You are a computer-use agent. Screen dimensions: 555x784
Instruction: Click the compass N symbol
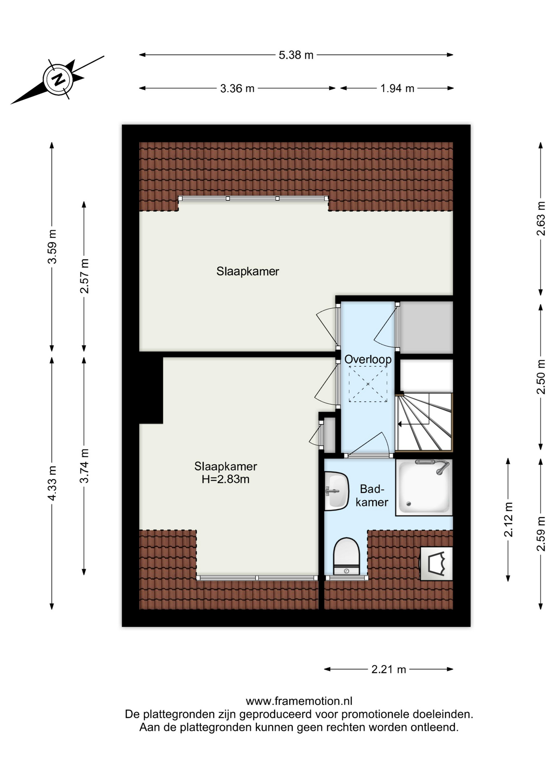tap(58, 79)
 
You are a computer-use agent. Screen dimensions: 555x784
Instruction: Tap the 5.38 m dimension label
tap(296, 55)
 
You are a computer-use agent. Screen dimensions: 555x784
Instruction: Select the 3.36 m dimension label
tap(237, 88)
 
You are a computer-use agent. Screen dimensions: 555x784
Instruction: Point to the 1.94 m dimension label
tap(397, 88)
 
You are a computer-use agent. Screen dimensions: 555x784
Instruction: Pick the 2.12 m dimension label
tap(508, 519)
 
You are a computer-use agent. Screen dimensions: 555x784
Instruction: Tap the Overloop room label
tap(368, 359)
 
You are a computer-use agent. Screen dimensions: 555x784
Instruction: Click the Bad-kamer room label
tap(372, 495)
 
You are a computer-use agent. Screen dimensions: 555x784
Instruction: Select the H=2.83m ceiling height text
tap(226, 479)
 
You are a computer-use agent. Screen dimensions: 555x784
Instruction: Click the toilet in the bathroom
tap(346, 556)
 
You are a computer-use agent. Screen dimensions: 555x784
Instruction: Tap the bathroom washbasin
tap(336, 491)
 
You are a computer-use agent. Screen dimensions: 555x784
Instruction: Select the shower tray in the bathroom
tap(424, 487)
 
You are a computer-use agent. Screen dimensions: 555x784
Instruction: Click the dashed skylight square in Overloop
tap(368, 384)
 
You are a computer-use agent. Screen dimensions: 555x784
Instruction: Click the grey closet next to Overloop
tap(426, 327)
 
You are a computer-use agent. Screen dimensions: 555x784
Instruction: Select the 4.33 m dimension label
tap(52, 483)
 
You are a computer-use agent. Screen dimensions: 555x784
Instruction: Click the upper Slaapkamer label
tap(248, 272)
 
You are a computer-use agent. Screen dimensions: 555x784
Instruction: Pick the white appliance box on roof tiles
tap(436, 563)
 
